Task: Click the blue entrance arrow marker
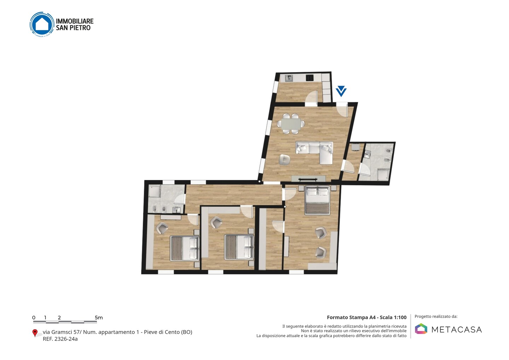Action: [x=341, y=91]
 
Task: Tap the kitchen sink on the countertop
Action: [x=289, y=78]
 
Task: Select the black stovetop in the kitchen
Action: [x=310, y=78]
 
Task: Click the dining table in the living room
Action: [x=291, y=124]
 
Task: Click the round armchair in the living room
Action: [x=284, y=159]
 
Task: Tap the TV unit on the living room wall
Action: [x=308, y=179]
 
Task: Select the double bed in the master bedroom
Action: [x=317, y=200]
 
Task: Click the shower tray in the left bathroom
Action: [x=155, y=191]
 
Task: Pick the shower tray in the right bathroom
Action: [x=383, y=175]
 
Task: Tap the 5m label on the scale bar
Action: [x=99, y=318]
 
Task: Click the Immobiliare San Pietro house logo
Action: [x=42, y=24]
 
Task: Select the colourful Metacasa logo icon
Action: [x=421, y=329]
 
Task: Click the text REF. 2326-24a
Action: [x=60, y=339]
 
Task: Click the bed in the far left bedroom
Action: [x=185, y=248]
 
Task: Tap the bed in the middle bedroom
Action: [x=239, y=247]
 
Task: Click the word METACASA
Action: [x=457, y=330]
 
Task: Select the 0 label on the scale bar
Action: [x=34, y=318]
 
